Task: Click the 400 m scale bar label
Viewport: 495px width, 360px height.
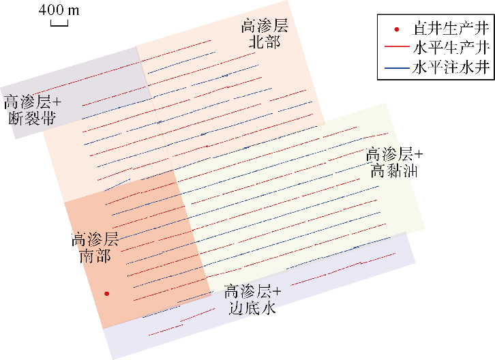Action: click(x=59, y=10)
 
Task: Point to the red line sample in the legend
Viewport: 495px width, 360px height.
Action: click(x=396, y=48)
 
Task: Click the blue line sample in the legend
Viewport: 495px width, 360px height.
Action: click(x=396, y=67)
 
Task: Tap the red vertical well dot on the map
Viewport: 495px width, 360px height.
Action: click(x=106, y=294)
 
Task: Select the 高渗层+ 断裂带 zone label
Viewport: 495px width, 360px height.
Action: click(x=33, y=110)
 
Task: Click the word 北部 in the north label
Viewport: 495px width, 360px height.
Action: click(x=265, y=43)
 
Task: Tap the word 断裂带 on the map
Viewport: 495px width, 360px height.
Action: click(x=33, y=119)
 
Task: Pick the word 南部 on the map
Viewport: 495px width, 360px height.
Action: click(x=95, y=256)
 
